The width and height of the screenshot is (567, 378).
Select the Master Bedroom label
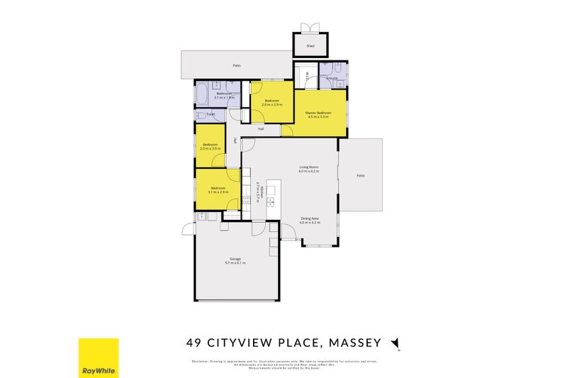point(319,114)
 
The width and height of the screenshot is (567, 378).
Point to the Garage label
point(235,260)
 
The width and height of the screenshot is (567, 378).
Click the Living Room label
point(308,169)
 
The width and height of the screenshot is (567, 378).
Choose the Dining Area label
point(310,221)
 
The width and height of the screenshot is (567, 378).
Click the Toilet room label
point(210,114)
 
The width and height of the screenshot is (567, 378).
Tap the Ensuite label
point(331,78)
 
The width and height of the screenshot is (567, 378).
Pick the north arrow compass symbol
point(395,343)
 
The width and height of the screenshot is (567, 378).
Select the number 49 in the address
point(192,343)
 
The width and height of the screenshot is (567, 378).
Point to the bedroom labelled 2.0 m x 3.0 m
point(210,147)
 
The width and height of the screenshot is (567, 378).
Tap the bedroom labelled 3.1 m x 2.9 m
point(218,190)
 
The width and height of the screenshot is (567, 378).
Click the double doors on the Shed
point(310,28)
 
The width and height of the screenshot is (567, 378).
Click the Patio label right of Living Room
point(360,175)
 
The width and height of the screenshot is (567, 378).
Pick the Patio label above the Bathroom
point(237,65)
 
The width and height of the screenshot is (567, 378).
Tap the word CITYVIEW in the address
point(237,343)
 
